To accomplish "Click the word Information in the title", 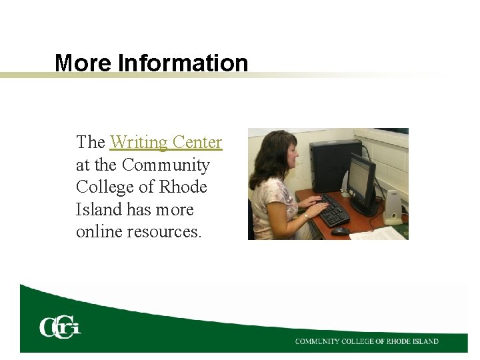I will [x=183, y=63].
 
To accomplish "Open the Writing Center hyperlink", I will [x=165, y=142].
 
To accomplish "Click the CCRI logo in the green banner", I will [x=59, y=327].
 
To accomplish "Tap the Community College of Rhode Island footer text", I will [x=367, y=341].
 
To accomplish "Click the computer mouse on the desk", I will [x=341, y=231].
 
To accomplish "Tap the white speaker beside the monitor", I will [x=392, y=206].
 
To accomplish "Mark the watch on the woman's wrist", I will [x=306, y=215].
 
